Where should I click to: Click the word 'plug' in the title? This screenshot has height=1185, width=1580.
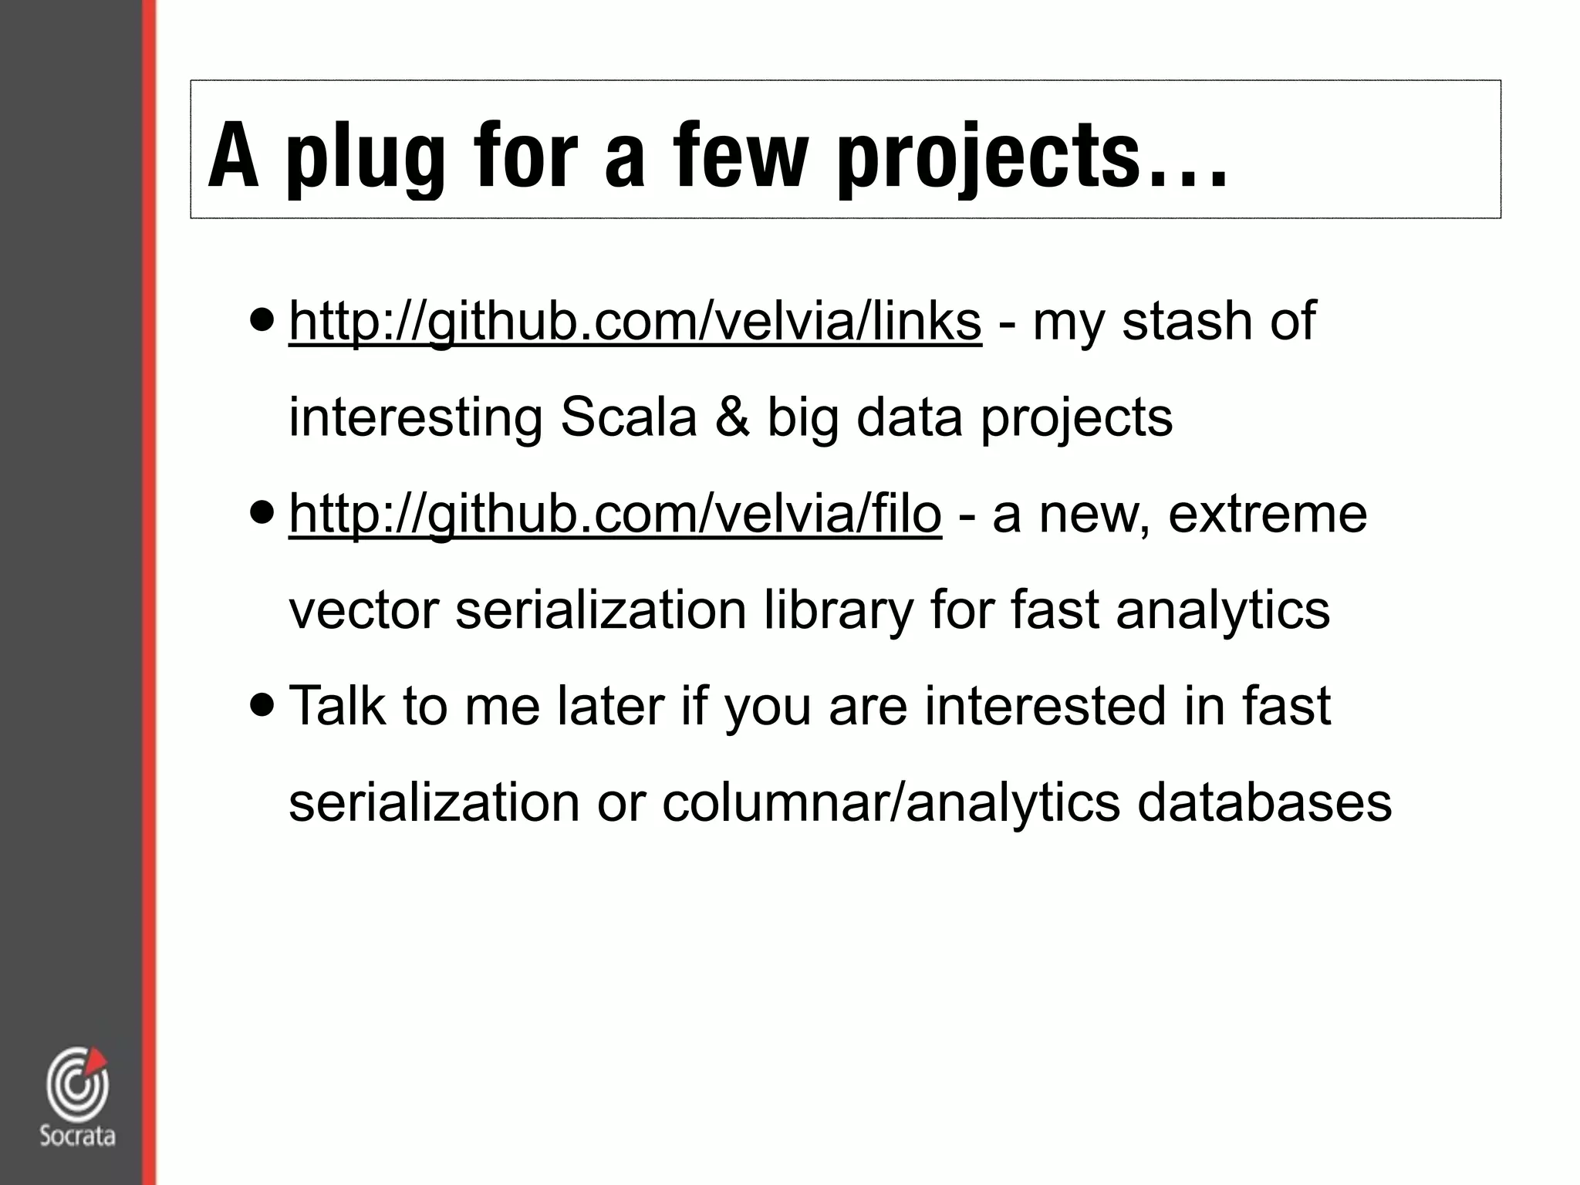pyautogui.click(x=365, y=158)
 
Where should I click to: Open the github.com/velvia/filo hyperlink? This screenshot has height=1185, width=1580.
pyautogui.click(x=615, y=514)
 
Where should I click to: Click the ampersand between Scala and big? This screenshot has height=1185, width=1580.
pyautogui.click(x=732, y=417)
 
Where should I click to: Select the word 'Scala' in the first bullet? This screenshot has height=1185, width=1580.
pyautogui.click(x=628, y=417)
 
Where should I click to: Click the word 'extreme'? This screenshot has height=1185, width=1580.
pyautogui.click(x=1268, y=514)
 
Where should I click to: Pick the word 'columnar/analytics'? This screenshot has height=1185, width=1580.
pyautogui.click(x=890, y=802)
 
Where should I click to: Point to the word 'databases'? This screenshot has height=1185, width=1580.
pyautogui.click(x=1264, y=802)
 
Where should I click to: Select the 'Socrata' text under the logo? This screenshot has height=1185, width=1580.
pyautogui.click(x=77, y=1136)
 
